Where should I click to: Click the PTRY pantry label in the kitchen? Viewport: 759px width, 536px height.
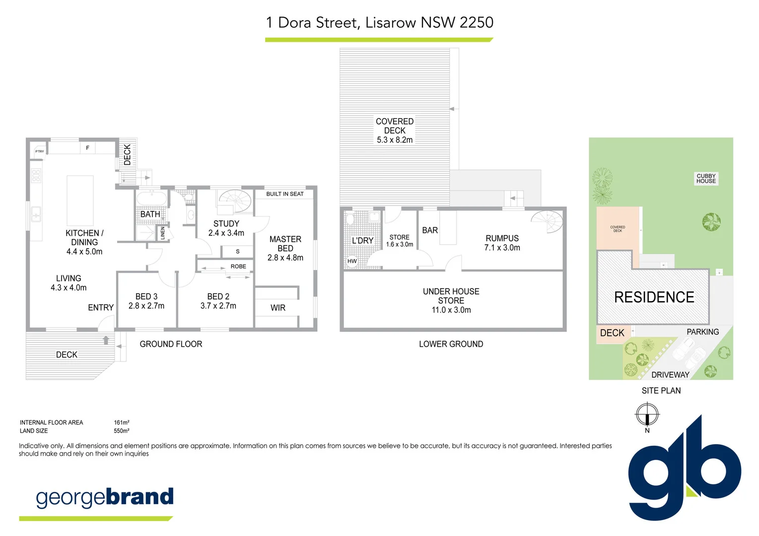pyautogui.click(x=40, y=151)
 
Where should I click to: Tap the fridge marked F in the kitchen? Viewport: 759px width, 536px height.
pyautogui.click(x=87, y=148)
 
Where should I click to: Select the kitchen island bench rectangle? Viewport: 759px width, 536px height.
pyautogui.click(x=80, y=201)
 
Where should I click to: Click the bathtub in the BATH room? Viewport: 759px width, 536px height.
pyautogui.click(x=151, y=199)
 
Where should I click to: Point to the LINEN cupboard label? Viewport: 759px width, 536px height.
pyautogui.click(x=163, y=233)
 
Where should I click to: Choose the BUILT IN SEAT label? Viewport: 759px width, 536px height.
pyautogui.click(x=284, y=194)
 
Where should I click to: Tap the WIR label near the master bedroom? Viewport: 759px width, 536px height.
pyautogui.click(x=277, y=308)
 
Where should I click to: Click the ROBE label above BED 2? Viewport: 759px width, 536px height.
pyautogui.click(x=238, y=267)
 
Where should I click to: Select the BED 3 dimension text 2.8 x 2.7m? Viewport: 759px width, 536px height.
pyautogui.click(x=146, y=306)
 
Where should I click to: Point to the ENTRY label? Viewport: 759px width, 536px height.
pyautogui.click(x=101, y=308)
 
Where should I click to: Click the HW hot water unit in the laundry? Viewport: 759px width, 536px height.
pyautogui.click(x=352, y=261)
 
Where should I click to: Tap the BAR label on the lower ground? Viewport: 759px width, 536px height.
pyautogui.click(x=430, y=230)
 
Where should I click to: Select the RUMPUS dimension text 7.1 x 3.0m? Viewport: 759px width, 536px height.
pyautogui.click(x=502, y=248)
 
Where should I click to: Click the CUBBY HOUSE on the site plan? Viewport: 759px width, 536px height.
pyautogui.click(x=706, y=179)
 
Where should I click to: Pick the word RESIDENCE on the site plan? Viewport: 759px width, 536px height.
pyautogui.click(x=654, y=297)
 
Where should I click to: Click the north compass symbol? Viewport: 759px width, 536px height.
pyautogui.click(x=647, y=414)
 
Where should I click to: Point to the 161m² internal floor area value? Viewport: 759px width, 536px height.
pyautogui.click(x=122, y=423)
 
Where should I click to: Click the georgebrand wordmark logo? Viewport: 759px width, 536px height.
pyautogui.click(x=105, y=497)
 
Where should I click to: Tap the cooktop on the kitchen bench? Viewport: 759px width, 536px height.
pyautogui.click(x=36, y=176)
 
